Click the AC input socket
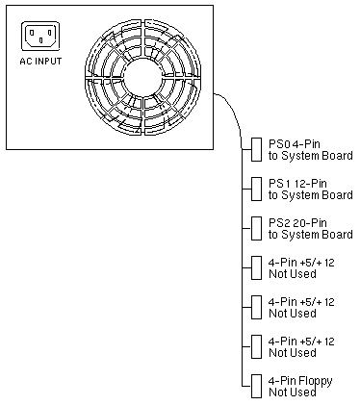40,37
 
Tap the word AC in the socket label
26,61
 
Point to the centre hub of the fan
142,77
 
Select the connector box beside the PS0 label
256,149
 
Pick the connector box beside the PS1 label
256,189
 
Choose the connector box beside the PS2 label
256,228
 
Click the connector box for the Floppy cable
256,386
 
